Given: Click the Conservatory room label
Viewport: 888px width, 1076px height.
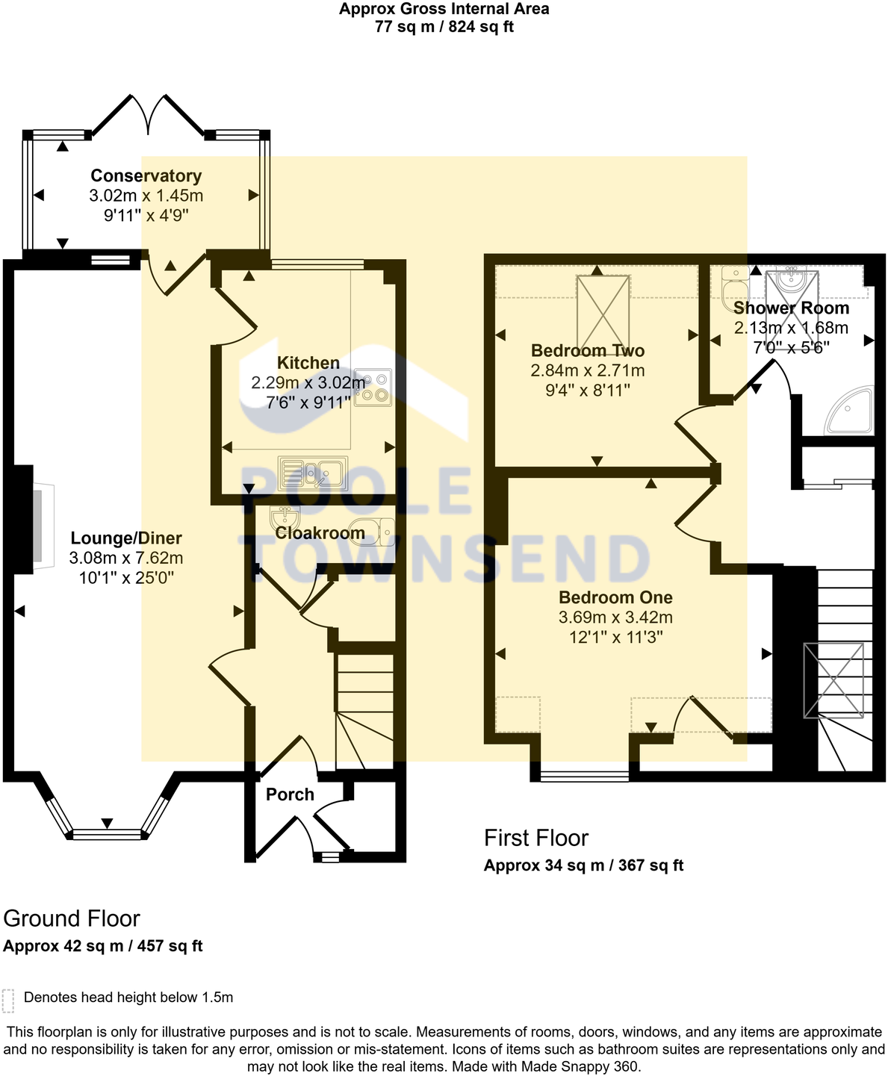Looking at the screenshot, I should [x=146, y=176].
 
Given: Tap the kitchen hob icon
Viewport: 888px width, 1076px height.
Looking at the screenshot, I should [x=373, y=388].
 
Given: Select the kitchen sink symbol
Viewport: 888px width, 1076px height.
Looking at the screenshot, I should [x=312, y=473].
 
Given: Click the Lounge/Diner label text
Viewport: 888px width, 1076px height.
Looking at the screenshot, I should [x=125, y=538].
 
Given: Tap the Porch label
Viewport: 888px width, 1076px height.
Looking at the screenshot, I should [x=290, y=795].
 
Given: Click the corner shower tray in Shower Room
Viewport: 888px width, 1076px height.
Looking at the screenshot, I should [x=851, y=410].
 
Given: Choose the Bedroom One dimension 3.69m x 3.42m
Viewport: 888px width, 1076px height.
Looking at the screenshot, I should [x=615, y=618].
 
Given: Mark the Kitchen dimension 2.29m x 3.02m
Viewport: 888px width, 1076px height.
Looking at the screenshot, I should [x=308, y=383].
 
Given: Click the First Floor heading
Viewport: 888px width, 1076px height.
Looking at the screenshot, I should [x=536, y=839].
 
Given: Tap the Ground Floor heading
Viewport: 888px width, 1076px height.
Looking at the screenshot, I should [x=72, y=918].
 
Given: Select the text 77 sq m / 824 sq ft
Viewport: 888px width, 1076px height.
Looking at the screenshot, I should [x=444, y=28].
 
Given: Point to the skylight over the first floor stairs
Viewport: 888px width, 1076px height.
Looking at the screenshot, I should [x=833, y=680].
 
